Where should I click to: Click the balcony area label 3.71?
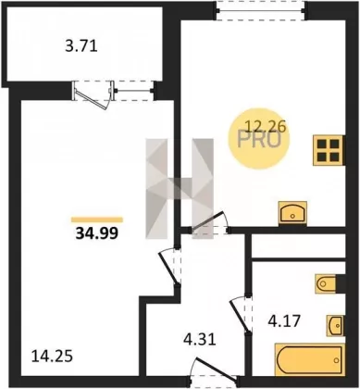(x=81, y=46)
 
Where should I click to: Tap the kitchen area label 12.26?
(x=266, y=126)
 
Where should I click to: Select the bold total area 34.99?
(x=97, y=233)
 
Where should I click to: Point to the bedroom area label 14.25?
(x=53, y=357)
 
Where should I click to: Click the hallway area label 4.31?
(x=199, y=340)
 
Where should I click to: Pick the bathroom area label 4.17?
(x=284, y=321)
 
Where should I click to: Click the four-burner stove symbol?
(x=329, y=150)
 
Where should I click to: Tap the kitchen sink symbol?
(x=292, y=213)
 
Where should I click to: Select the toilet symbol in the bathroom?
(x=326, y=283)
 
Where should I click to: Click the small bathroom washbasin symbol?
(x=335, y=325)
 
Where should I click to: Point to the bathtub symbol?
(x=309, y=359)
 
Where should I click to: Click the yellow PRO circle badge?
(x=259, y=140)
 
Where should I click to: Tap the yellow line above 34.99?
(x=97, y=220)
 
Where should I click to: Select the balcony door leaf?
(x=92, y=98)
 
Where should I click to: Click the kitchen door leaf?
(x=207, y=221)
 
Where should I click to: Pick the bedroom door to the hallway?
(x=168, y=268)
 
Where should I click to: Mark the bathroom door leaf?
(x=239, y=315)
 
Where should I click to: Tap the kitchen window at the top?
(x=261, y=11)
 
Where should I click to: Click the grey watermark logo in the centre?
(x=180, y=189)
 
